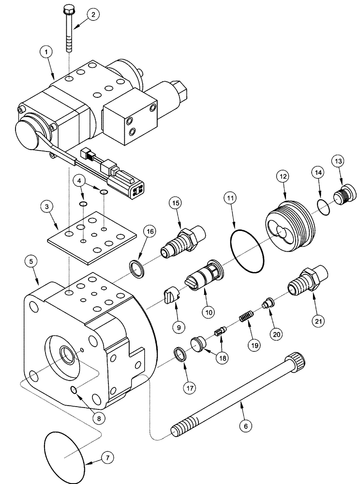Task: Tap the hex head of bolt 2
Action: point(67,9)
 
